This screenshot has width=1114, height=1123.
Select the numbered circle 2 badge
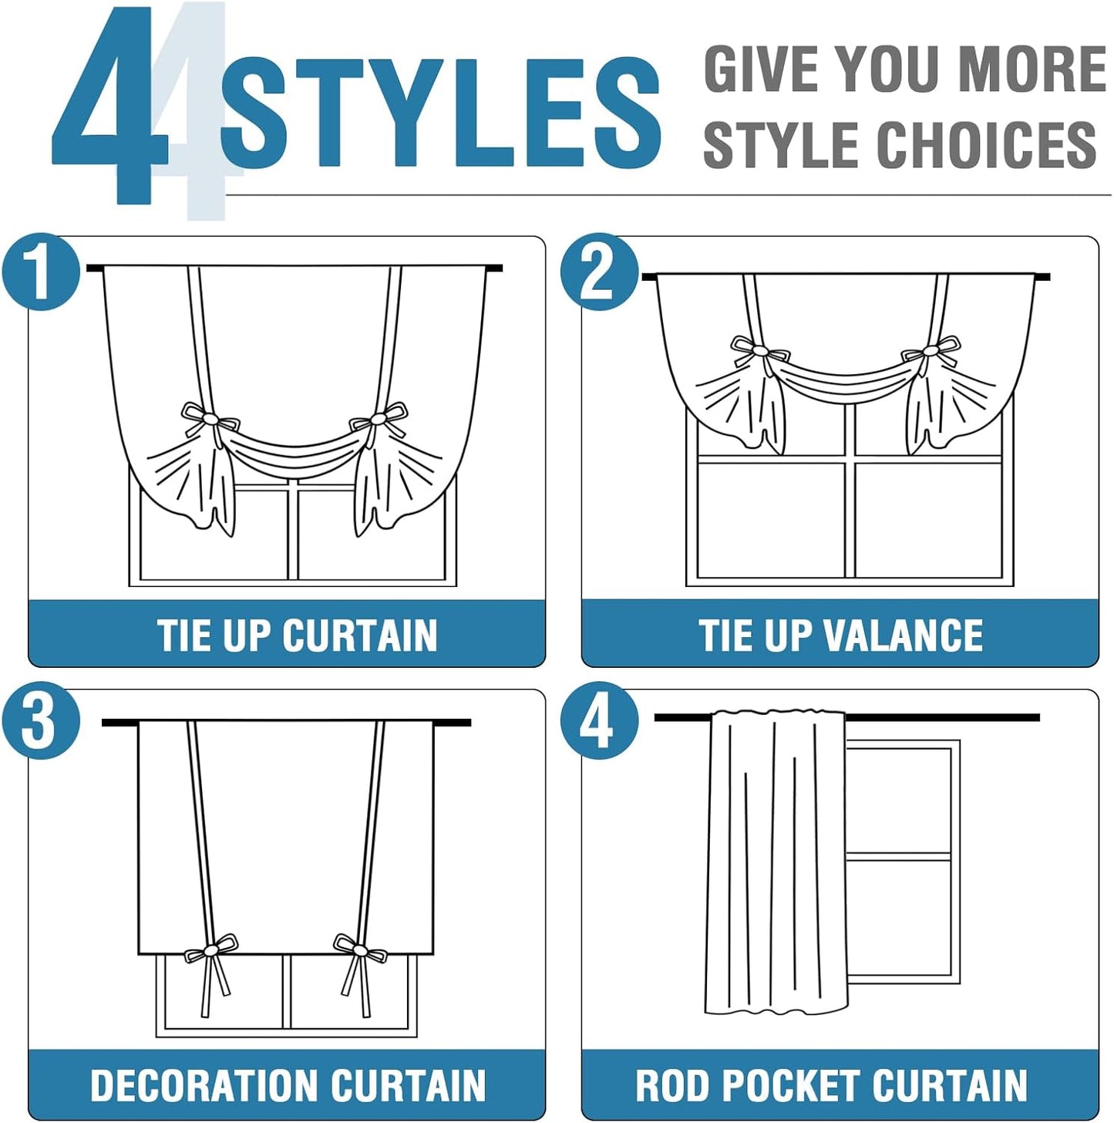(598, 272)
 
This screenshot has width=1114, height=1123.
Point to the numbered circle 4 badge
(598, 724)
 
